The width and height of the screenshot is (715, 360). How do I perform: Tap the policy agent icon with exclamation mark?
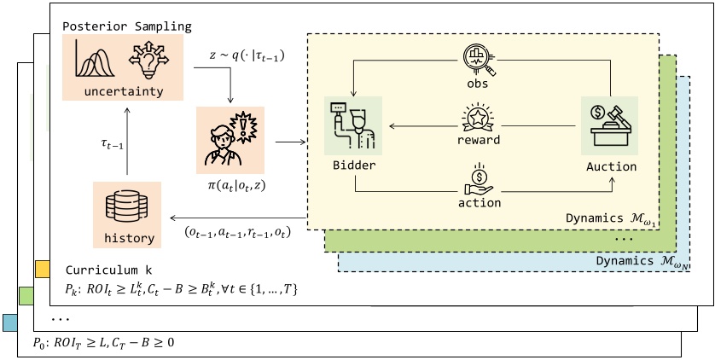tap(230, 136)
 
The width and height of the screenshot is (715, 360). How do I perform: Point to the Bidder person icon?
tap(352, 125)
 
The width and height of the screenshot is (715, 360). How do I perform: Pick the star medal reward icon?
tap(477, 117)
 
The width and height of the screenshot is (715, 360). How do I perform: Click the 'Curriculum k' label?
tap(102, 270)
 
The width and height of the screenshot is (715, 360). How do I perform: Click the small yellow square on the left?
tap(41, 269)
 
